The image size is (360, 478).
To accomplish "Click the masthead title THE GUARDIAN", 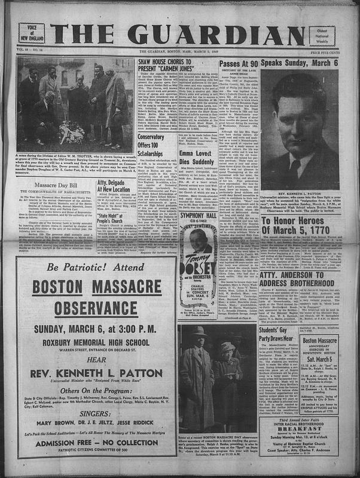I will (x=179, y=27).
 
